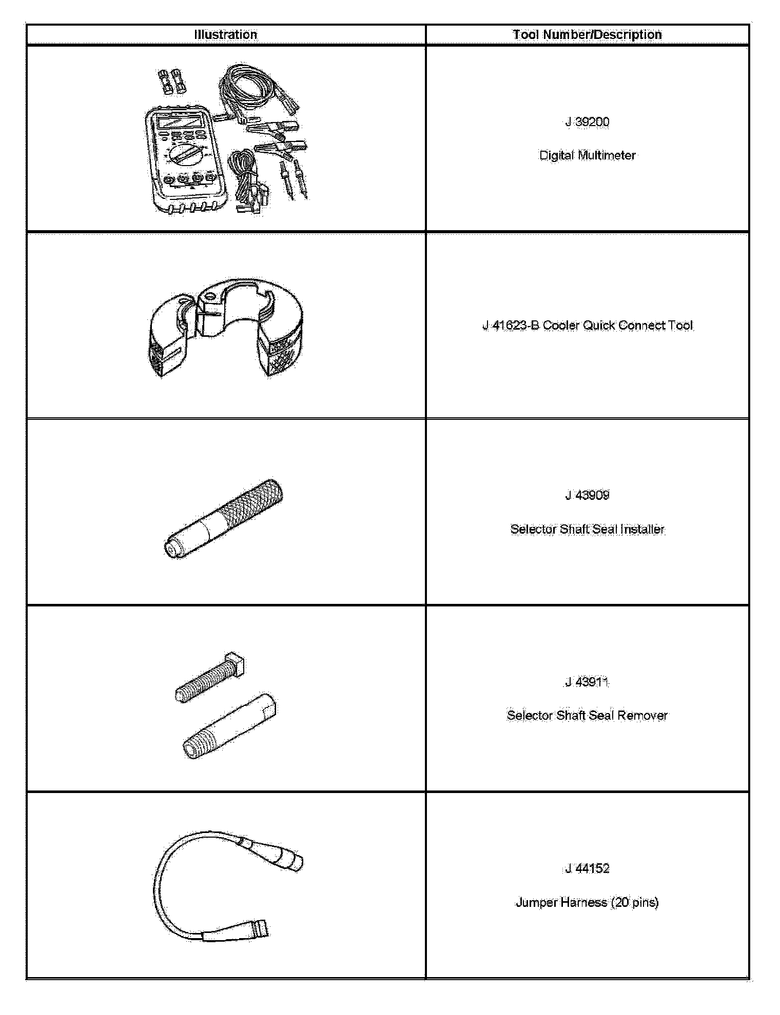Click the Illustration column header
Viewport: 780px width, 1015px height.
(226, 35)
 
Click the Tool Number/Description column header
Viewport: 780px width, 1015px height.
(587, 35)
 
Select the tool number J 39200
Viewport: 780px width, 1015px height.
(587, 122)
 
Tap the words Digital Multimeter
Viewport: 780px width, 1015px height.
(587, 155)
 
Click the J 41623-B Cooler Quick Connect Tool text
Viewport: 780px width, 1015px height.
(587, 326)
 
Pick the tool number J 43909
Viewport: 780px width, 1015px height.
(587, 495)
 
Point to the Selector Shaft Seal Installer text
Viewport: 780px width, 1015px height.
(587, 529)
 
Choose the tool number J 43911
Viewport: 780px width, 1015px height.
(587, 682)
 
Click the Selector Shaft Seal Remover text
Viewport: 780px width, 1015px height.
(587, 715)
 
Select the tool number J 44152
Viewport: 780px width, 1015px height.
(587, 868)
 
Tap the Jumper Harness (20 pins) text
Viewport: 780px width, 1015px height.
(587, 902)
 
